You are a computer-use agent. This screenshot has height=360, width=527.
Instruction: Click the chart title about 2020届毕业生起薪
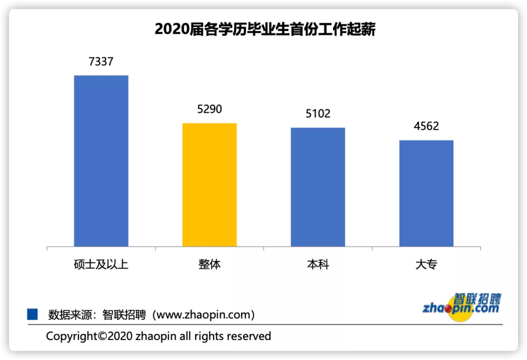tap(265, 29)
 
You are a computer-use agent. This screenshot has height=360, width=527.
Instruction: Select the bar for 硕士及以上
tap(101, 161)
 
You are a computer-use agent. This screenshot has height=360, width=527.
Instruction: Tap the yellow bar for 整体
tap(209, 185)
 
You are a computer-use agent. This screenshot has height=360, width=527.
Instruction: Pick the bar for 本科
tap(318, 187)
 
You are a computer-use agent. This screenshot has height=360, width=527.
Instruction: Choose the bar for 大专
tap(426, 193)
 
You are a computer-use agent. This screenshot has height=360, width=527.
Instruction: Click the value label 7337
tap(101, 62)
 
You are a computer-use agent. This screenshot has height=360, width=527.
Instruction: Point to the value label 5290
tap(209, 109)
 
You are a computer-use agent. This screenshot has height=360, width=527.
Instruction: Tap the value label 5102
tap(318, 114)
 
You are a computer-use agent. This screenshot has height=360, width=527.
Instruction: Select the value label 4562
tap(426, 126)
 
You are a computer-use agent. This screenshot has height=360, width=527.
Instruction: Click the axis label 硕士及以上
tap(101, 264)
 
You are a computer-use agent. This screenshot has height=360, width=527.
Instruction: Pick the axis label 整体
tap(209, 264)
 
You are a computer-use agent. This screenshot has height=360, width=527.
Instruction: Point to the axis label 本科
tap(318, 264)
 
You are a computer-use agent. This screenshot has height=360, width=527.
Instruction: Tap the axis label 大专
tap(426, 264)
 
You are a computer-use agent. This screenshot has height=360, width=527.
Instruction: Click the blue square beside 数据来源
tap(32, 314)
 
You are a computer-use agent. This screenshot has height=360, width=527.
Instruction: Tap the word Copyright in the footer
tap(72, 336)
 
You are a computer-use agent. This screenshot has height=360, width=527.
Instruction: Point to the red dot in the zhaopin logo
tap(448, 308)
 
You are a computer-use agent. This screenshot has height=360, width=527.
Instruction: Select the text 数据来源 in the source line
tap(70, 315)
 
